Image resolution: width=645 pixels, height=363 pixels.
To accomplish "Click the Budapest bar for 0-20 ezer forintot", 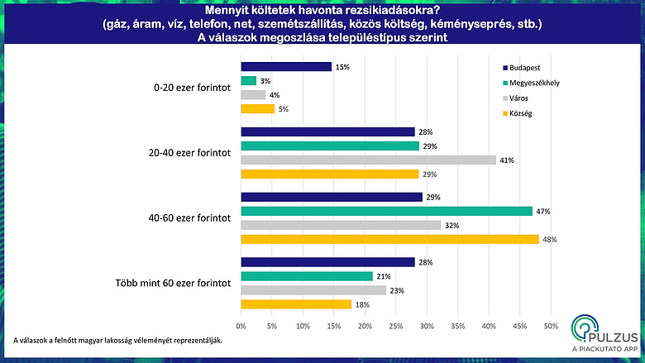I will (285, 67).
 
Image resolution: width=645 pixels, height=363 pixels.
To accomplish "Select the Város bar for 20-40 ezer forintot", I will (368, 160).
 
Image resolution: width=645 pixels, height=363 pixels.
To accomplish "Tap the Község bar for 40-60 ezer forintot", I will (389, 239).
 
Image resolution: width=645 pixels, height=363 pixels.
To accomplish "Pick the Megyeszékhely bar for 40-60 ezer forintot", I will (386, 211).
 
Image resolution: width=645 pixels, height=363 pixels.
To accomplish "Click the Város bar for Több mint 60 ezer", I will (313, 290).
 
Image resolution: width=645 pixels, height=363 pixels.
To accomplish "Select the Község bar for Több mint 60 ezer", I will (295, 304).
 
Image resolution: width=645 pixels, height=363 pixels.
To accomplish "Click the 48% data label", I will (548, 239).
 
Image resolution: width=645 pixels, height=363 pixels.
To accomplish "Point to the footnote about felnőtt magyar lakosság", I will (118, 340).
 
